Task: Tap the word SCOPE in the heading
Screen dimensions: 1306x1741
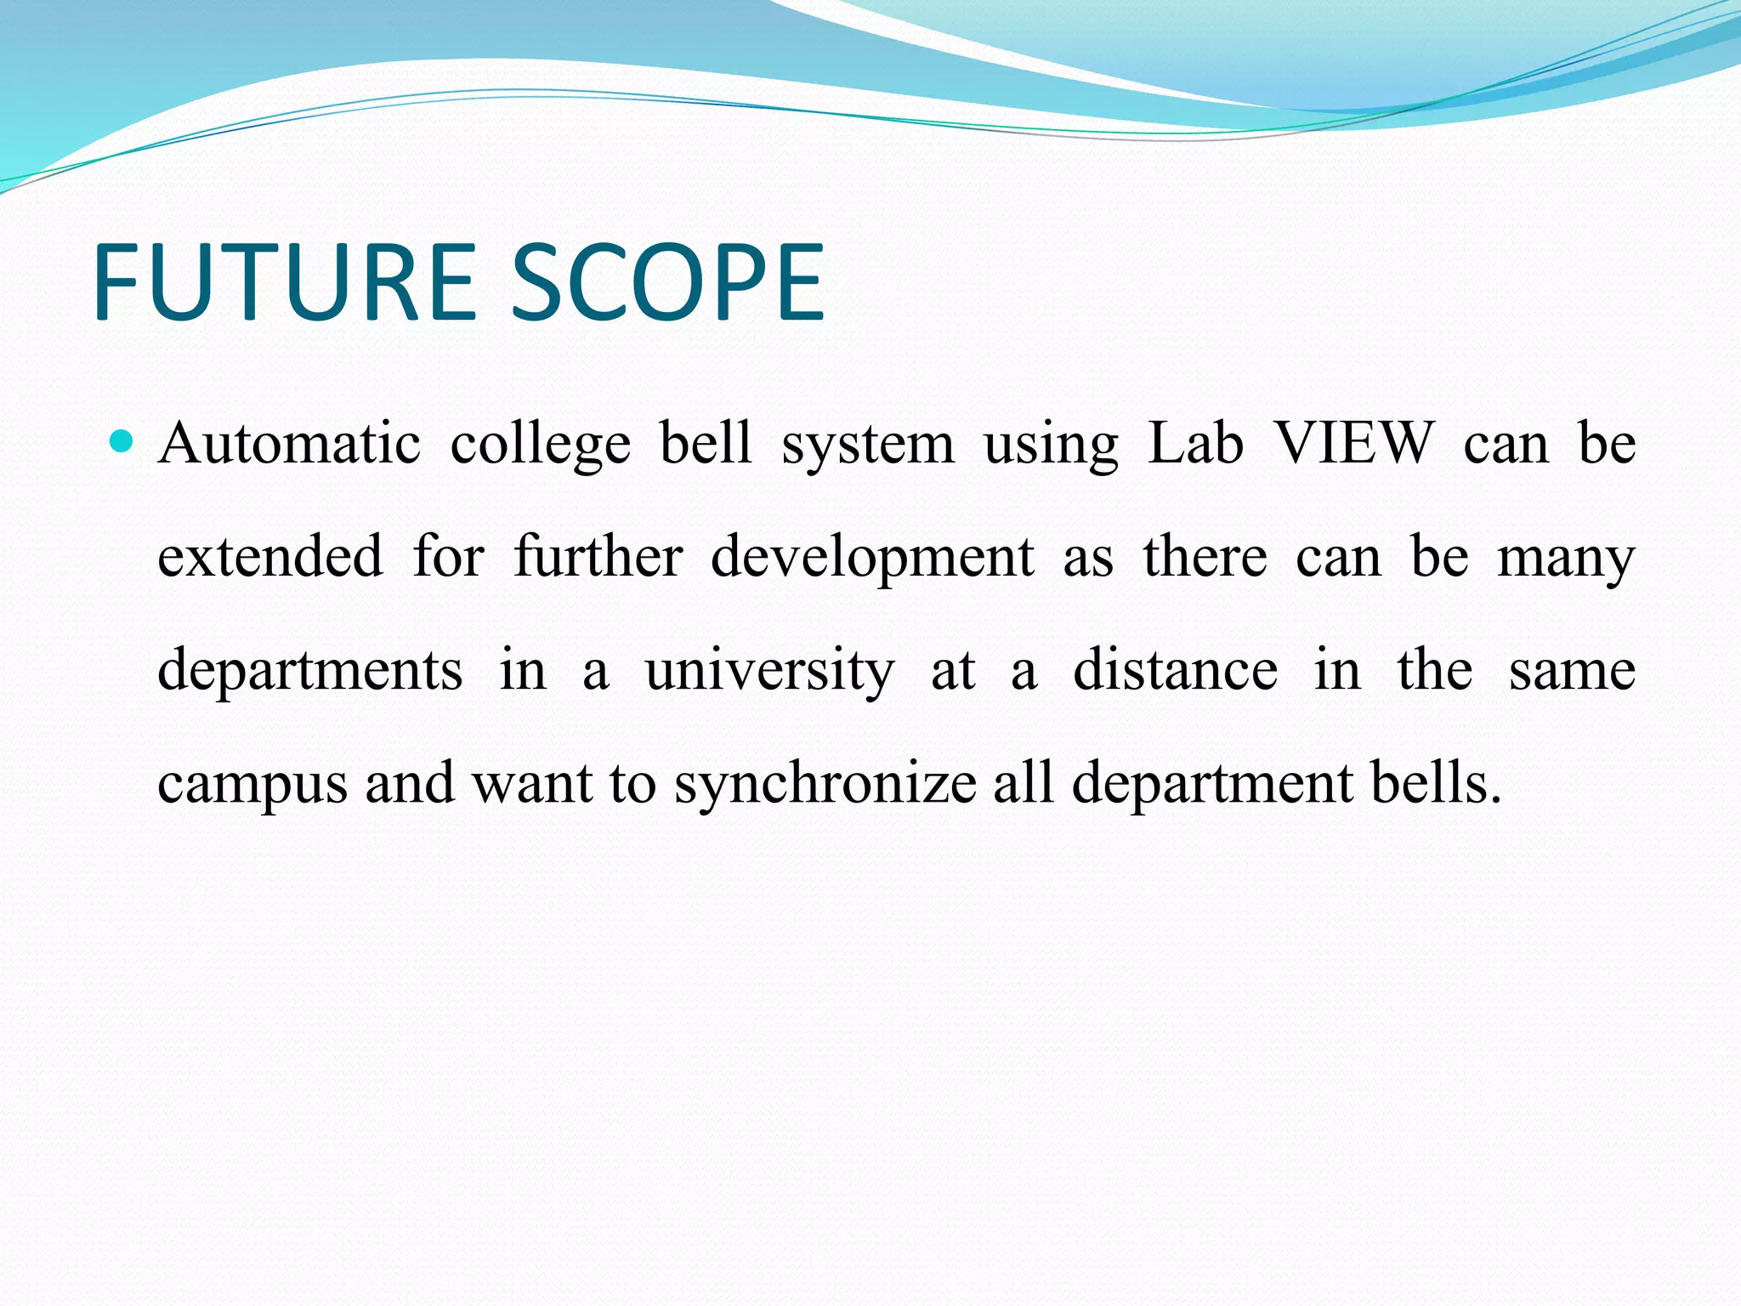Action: [666, 282]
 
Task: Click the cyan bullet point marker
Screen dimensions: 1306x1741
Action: [123, 441]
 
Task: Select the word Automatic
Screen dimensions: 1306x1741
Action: [289, 444]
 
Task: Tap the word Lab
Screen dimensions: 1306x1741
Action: [1195, 444]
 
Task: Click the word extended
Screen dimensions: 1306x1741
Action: [270, 557]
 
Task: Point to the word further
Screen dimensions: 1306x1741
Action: [598, 557]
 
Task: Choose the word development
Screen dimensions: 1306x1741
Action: [872, 559]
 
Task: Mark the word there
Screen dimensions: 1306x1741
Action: [1205, 557]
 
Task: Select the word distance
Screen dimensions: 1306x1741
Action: [1175, 670]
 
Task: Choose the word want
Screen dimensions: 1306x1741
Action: [532, 783]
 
